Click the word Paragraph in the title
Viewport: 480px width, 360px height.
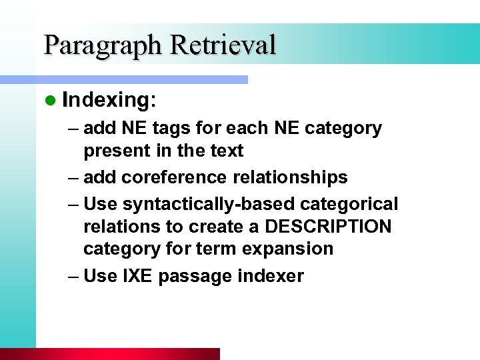103,46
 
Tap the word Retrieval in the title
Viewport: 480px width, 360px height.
223,45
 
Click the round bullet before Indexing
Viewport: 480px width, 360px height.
50,101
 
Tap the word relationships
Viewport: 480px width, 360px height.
297,177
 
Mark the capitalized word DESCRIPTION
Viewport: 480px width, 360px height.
329,227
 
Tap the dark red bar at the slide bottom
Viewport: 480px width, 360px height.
110,354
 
